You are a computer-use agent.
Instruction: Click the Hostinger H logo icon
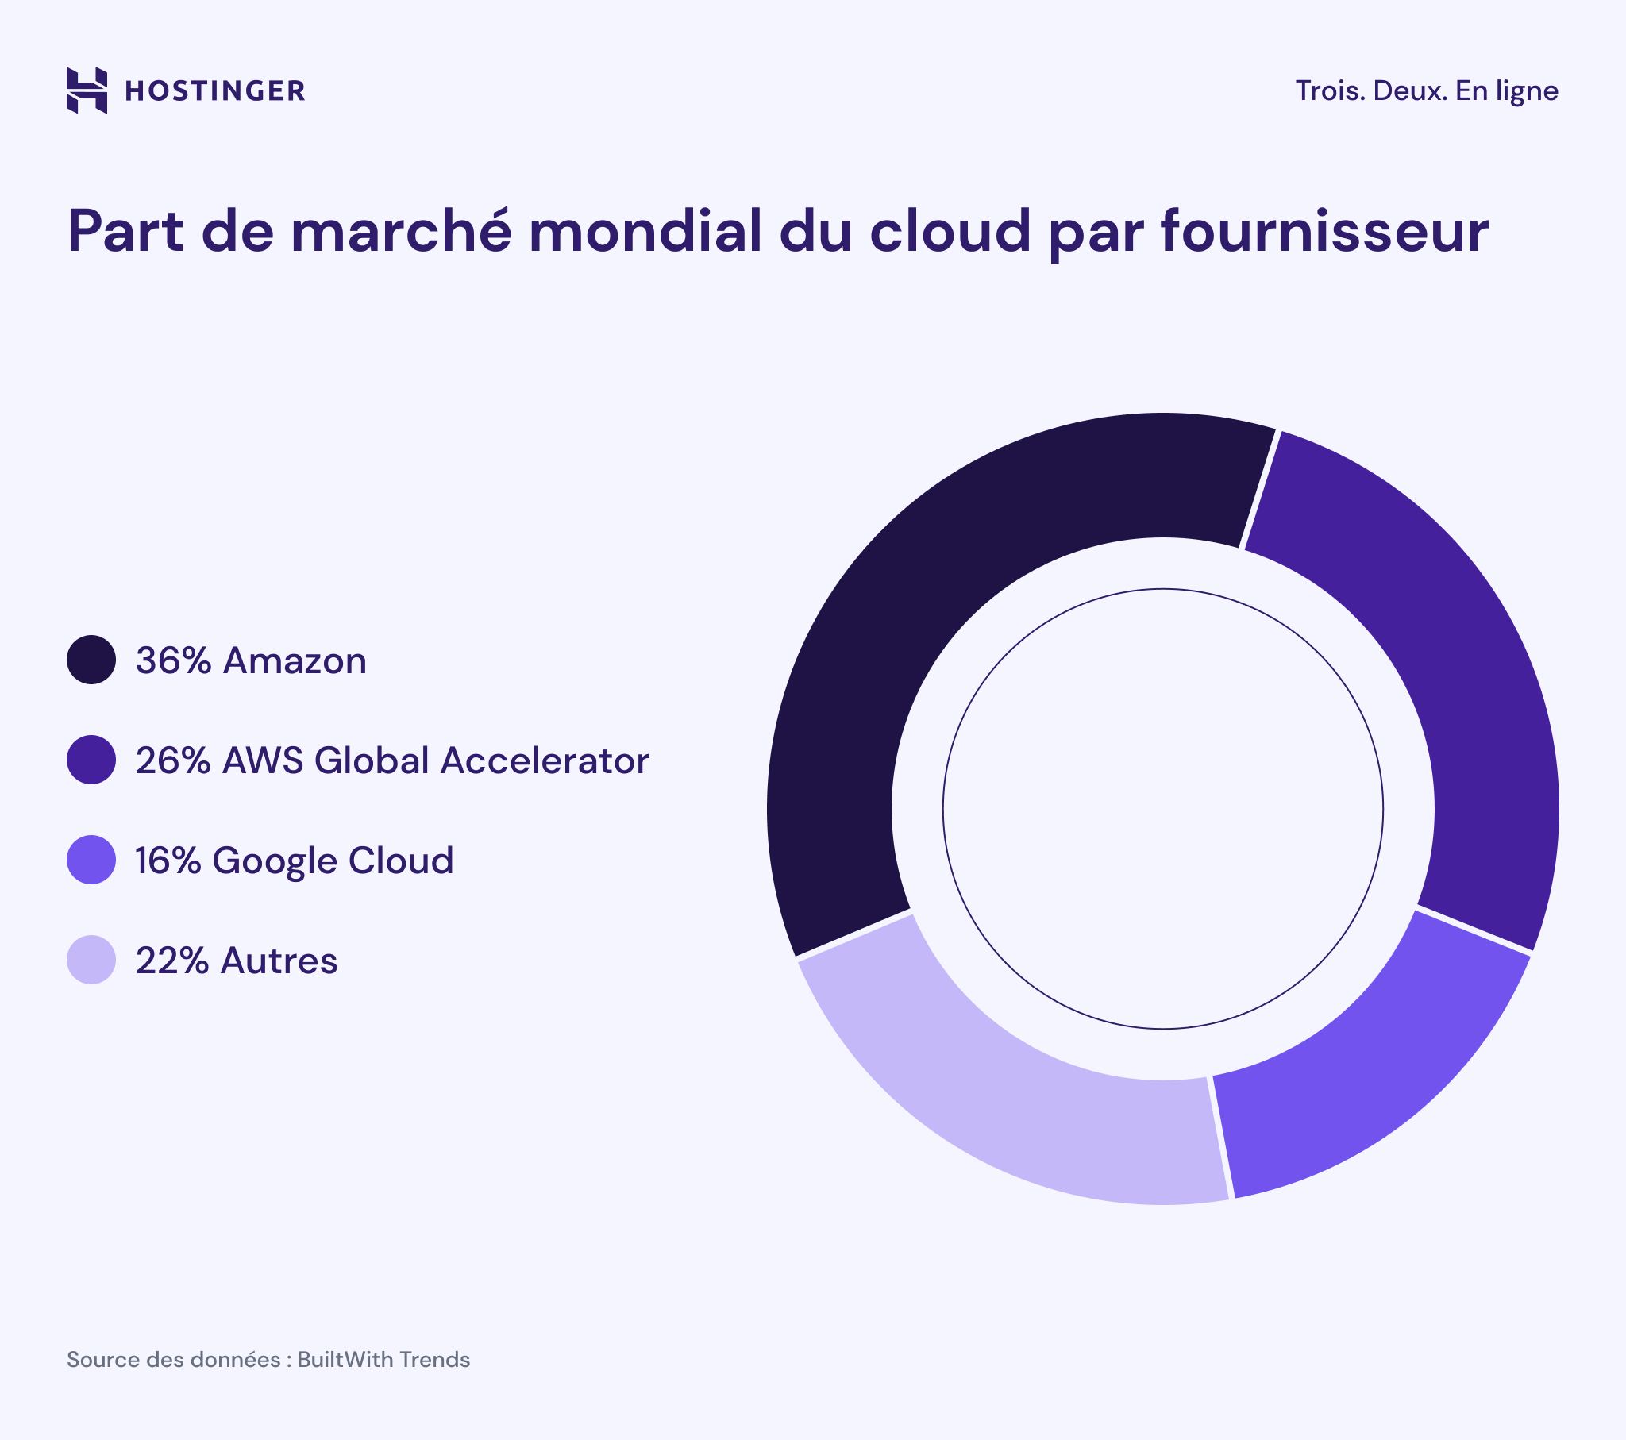pyautogui.click(x=87, y=90)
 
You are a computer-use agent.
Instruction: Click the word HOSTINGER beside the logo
pyautogui.click(x=215, y=91)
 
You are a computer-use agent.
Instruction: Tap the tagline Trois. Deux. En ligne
pyautogui.click(x=1427, y=90)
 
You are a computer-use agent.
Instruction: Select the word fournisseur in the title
pyautogui.click(x=1324, y=232)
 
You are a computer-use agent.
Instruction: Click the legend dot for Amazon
pyautogui.click(x=91, y=660)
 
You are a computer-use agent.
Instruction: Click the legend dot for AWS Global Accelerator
pyautogui.click(x=91, y=760)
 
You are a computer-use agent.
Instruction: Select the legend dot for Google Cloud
pyautogui.click(x=91, y=860)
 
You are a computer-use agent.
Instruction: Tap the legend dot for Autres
pyautogui.click(x=91, y=961)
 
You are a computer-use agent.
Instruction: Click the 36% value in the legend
pyautogui.click(x=172, y=661)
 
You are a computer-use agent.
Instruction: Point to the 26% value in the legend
pyautogui.click(x=172, y=761)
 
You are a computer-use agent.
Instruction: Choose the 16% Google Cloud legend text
pyautogui.click(x=295, y=861)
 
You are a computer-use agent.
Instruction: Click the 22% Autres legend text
pyautogui.click(x=237, y=961)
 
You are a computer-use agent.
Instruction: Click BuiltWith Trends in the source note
pyautogui.click(x=383, y=1360)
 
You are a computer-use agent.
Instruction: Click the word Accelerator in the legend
pyautogui.click(x=545, y=761)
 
